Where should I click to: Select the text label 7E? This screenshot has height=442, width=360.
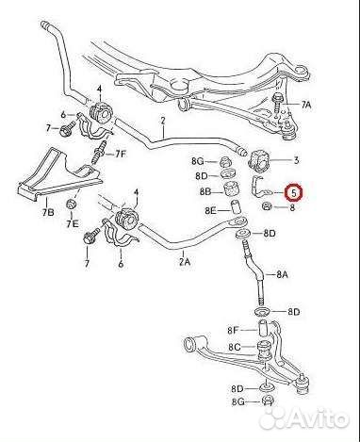click(x=72, y=225)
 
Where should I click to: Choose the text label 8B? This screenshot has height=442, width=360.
click(x=205, y=191)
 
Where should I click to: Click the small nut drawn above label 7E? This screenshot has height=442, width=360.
click(x=71, y=205)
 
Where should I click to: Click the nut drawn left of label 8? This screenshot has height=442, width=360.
click(x=268, y=205)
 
